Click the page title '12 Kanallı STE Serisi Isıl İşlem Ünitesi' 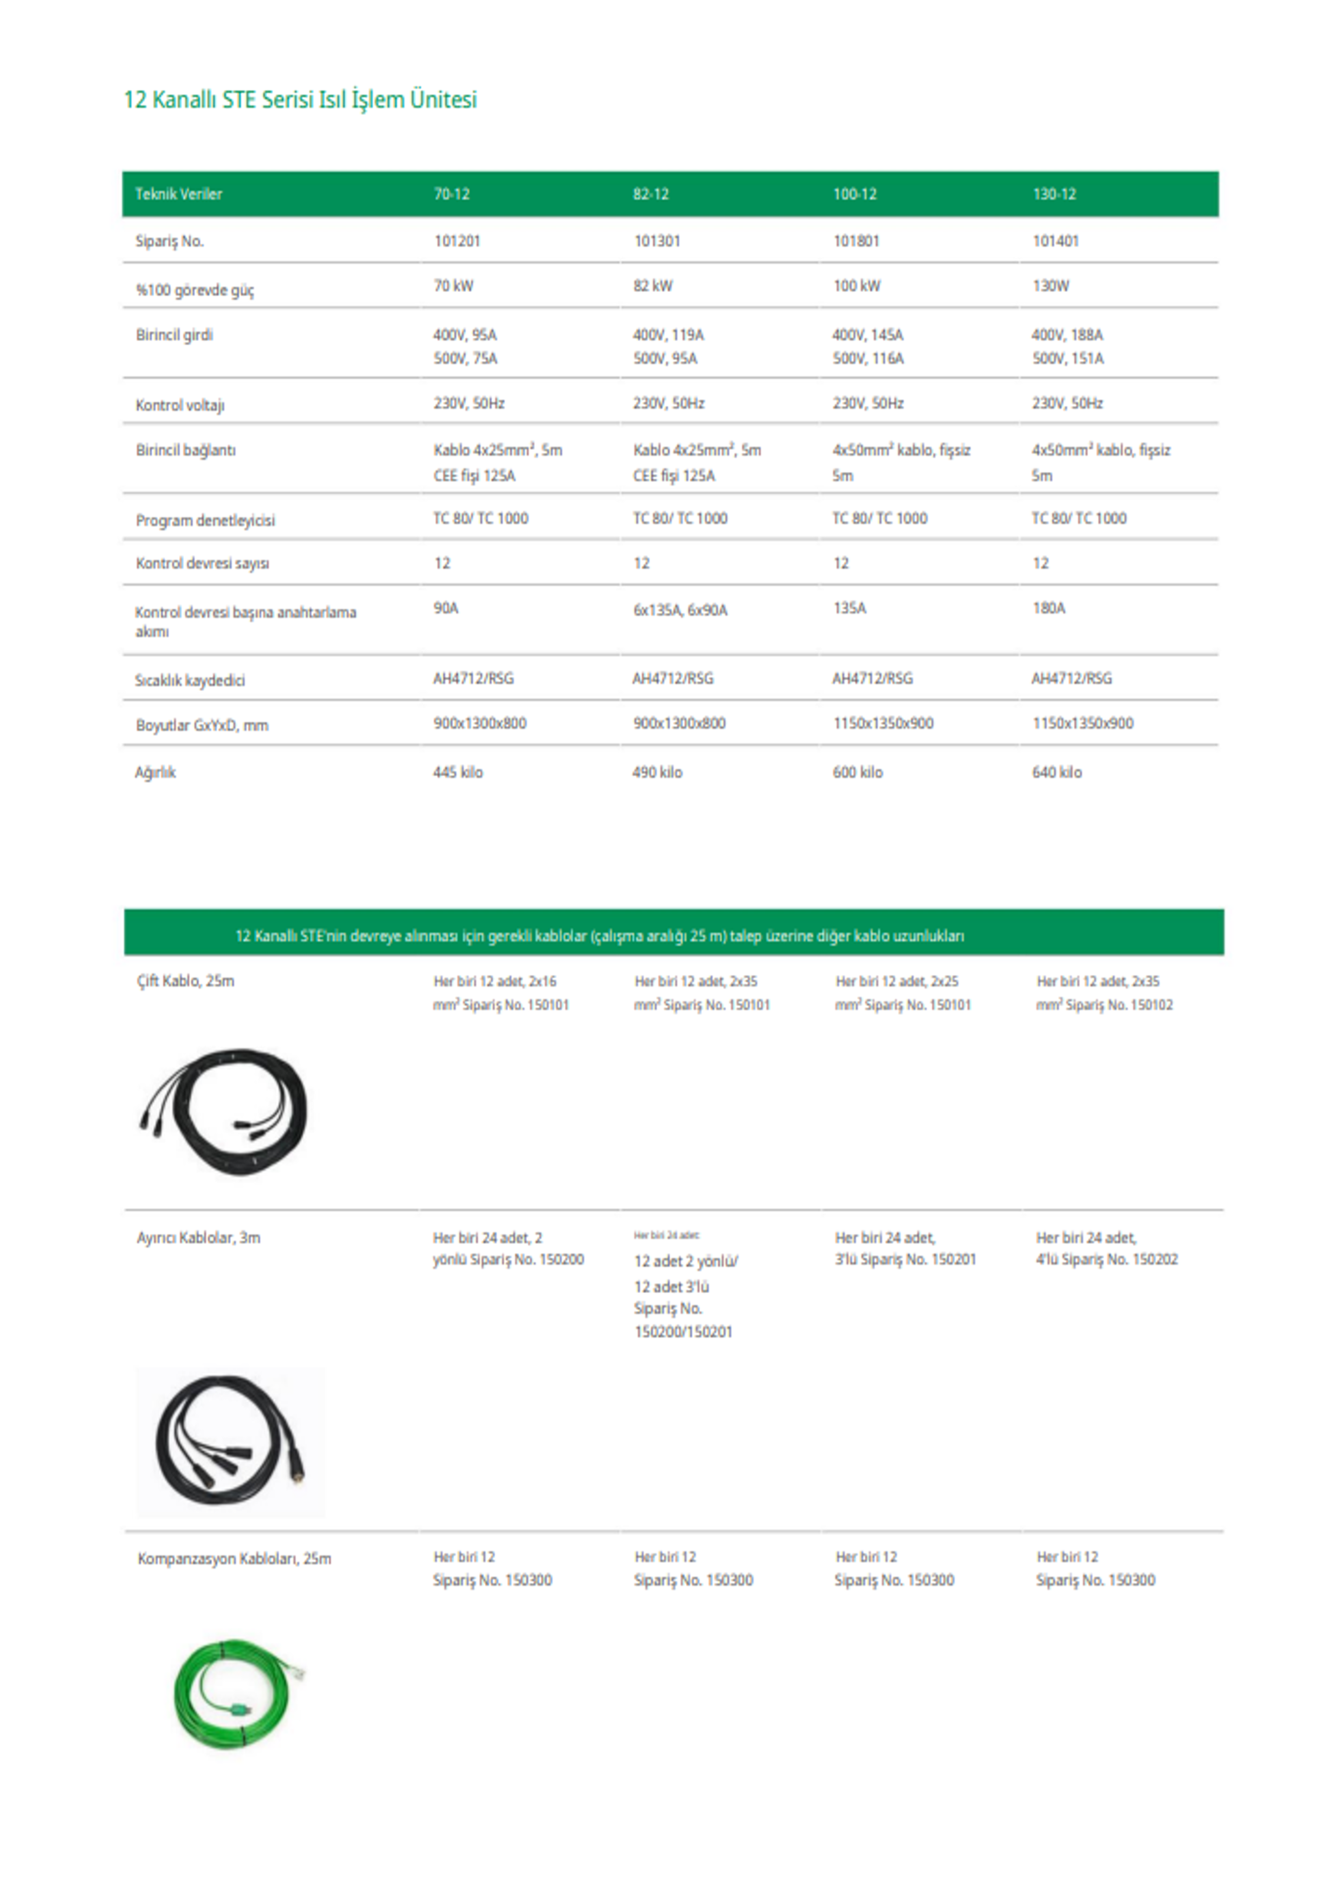click(300, 100)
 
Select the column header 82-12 click(650, 194)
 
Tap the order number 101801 click(856, 241)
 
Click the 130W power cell click(1051, 286)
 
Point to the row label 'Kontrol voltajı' click(180, 405)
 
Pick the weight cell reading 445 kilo click(458, 772)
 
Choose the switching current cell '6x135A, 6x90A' click(680, 610)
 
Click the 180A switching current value click(1049, 608)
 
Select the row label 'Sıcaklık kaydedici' click(190, 680)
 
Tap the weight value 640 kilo click(1057, 772)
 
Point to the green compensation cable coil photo click(234, 1694)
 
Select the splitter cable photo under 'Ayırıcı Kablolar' click(231, 1442)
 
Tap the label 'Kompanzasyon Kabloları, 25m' click(234, 1558)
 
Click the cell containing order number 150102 click(1104, 993)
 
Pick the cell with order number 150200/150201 click(685, 1284)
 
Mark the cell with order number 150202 click(1106, 1248)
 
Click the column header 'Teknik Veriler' click(179, 194)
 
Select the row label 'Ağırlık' click(155, 772)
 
